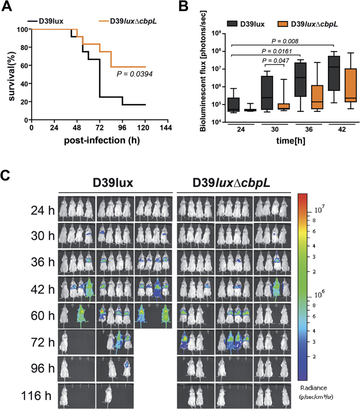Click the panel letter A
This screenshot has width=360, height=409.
click(7, 7)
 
